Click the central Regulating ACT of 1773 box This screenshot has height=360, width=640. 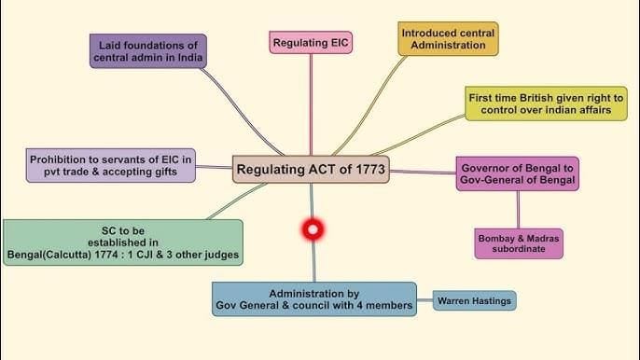pos(310,169)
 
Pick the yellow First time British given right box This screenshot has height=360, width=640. pos(546,104)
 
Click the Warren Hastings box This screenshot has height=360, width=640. pos(475,300)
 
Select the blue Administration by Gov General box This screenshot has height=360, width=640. pos(313,298)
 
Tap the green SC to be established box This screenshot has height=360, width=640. pos(122,242)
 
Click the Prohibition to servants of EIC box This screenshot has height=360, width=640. pos(110,166)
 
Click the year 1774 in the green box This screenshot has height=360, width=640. pos(130,255)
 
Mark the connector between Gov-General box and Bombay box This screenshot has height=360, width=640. pos(518,210)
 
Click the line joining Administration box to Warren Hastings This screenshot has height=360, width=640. pos(425,299)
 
